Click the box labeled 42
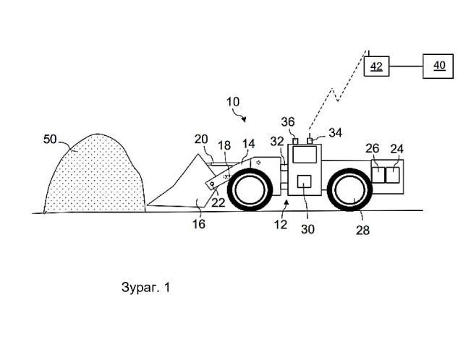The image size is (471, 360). (x=376, y=66)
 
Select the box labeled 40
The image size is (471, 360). (x=438, y=66)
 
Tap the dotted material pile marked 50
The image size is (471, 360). (x=95, y=174)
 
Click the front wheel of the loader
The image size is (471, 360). (x=250, y=189)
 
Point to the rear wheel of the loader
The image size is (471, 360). (x=350, y=189)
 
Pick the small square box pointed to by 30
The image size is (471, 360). (x=304, y=181)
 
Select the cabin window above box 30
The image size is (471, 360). (x=305, y=154)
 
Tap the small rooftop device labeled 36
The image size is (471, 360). (x=295, y=141)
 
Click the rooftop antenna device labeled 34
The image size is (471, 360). (x=310, y=141)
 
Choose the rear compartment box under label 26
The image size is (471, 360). (x=378, y=175)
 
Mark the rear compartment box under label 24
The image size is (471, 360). (x=393, y=175)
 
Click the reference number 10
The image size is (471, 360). (x=233, y=102)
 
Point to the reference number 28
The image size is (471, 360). (x=362, y=231)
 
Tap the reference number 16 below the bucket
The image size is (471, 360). (x=198, y=223)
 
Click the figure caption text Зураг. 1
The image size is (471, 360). (x=146, y=287)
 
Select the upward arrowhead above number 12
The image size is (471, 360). (x=287, y=202)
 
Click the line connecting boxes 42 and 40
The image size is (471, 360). (x=406, y=66)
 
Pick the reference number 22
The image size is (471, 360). (x=218, y=202)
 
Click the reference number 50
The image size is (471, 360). (x=50, y=140)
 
